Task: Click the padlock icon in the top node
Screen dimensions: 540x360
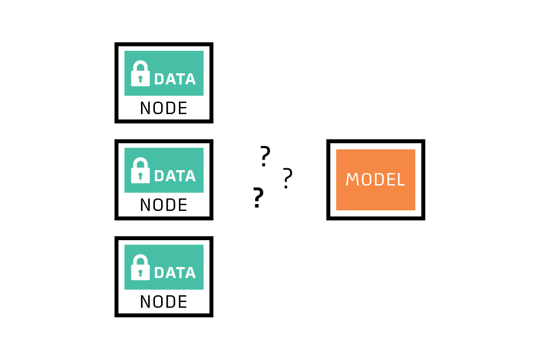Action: click(x=140, y=73)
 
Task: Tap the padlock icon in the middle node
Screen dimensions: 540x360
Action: click(x=140, y=170)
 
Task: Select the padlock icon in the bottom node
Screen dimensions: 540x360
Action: click(x=140, y=267)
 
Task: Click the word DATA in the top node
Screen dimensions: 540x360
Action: click(x=176, y=79)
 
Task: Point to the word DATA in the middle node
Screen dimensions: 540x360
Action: click(x=176, y=176)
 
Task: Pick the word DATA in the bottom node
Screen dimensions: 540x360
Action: click(x=176, y=273)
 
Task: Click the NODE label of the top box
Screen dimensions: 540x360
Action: click(x=164, y=108)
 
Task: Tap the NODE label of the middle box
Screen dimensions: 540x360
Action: click(x=164, y=205)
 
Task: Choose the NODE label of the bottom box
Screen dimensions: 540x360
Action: click(x=164, y=302)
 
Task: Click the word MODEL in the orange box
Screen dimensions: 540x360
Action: click(x=376, y=180)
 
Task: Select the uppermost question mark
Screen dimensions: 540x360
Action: click(x=265, y=156)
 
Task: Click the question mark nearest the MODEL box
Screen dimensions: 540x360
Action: click(x=288, y=178)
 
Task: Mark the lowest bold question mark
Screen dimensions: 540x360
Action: click(x=258, y=197)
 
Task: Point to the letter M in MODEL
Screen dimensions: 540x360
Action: click(x=352, y=180)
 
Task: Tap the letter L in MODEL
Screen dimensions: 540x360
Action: click(x=401, y=180)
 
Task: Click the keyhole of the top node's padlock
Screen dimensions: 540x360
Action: click(x=140, y=80)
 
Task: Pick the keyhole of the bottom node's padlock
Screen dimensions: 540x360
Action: click(x=140, y=273)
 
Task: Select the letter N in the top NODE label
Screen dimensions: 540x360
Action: click(x=146, y=108)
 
